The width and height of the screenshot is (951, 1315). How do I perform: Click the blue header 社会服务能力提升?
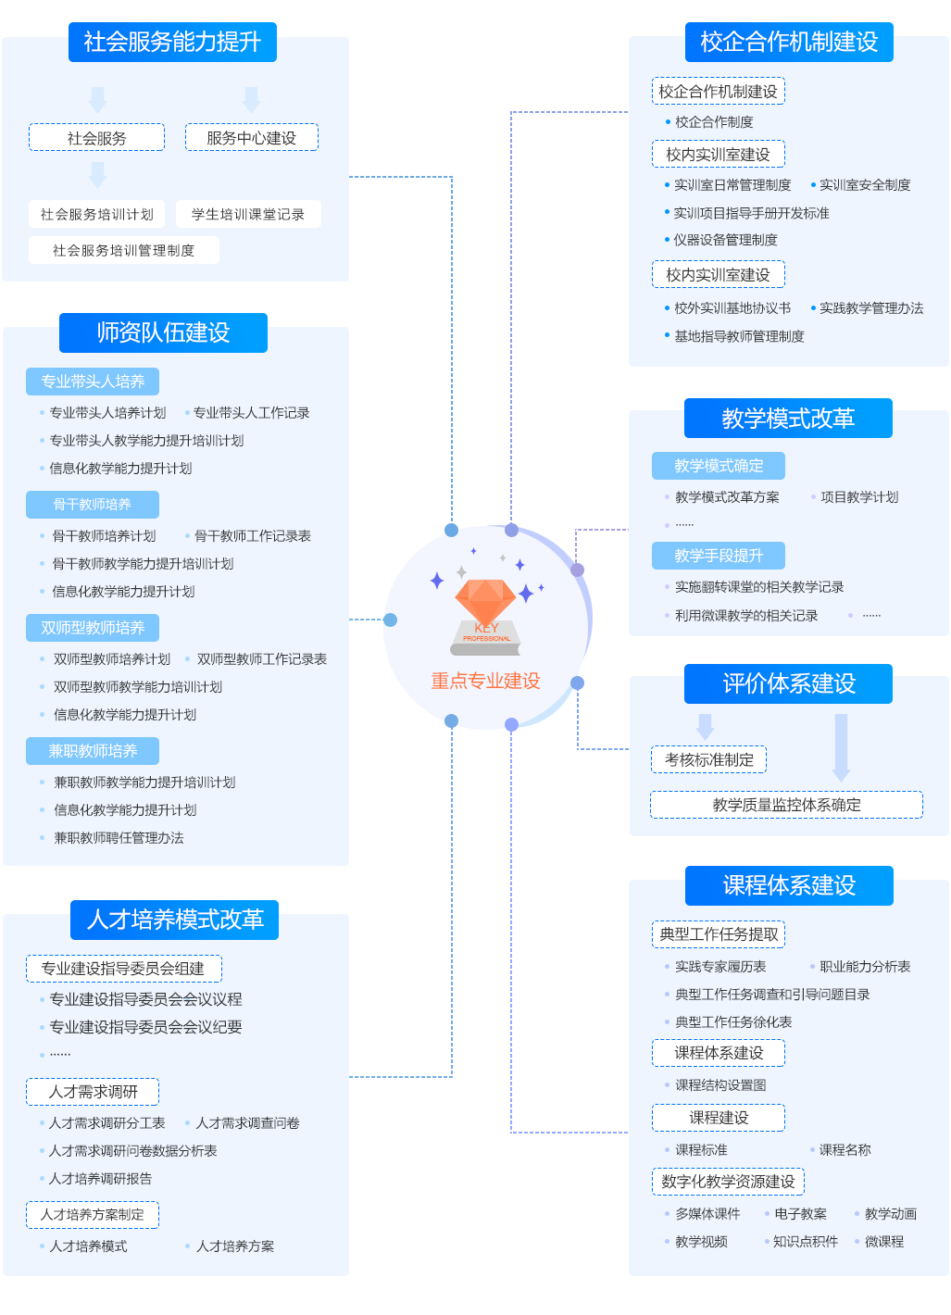pyautogui.click(x=172, y=43)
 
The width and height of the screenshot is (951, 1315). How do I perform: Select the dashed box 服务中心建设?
pyautogui.click(x=251, y=138)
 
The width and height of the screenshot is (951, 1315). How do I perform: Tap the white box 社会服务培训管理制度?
pyautogui.click(x=123, y=250)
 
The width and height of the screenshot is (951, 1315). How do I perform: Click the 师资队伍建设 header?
pyautogui.click(x=163, y=332)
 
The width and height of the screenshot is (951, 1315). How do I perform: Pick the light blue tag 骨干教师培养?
pyautogui.click(x=93, y=505)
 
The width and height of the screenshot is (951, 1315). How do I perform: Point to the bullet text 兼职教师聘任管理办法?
pyautogui.click(x=119, y=838)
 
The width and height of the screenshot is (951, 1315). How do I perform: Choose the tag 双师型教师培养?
pyautogui.click(x=93, y=628)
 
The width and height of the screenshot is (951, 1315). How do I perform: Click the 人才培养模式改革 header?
pyautogui.click(x=175, y=920)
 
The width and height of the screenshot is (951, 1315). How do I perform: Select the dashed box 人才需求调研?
pyautogui.click(x=93, y=1092)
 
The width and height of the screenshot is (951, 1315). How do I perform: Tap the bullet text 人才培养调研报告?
pyautogui.click(x=100, y=1179)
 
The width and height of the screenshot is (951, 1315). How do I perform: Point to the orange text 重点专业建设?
pyautogui.click(x=485, y=682)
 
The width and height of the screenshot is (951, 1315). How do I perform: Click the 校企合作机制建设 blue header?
pyautogui.click(x=789, y=43)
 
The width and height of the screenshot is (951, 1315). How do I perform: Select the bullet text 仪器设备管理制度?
pyautogui.click(x=725, y=240)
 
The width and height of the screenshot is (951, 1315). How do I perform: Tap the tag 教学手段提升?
pyautogui.click(x=719, y=556)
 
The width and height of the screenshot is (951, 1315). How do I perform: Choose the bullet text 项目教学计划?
pyautogui.click(x=859, y=497)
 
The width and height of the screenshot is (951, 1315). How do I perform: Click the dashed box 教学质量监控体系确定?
pyautogui.click(x=786, y=805)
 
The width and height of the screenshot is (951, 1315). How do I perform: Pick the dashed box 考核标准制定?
pyautogui.click(x=709, y=760)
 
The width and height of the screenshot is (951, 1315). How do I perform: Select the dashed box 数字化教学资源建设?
pyautogui.click(x=728, y=1182)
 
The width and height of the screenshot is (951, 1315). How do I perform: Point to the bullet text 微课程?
pyautogui.click(x=884, y=1242)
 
